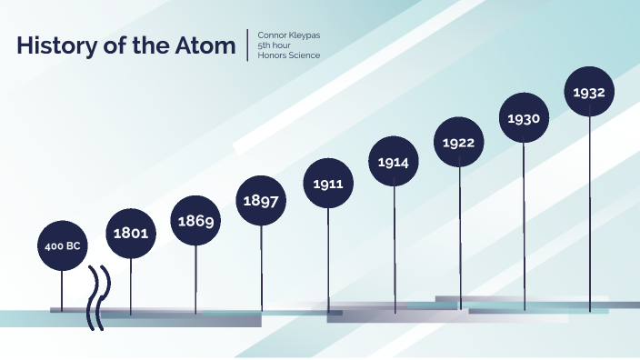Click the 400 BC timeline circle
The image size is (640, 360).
(x=62, y=245)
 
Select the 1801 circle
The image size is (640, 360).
(x=131, y=234)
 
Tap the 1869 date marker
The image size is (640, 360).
(x=196, y=221)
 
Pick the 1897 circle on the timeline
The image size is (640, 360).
(x=262, y=201)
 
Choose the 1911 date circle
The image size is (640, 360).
(x=327, y=184)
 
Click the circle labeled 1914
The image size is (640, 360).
(x=394, y=163)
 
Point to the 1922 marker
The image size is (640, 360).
(x=459, y=142)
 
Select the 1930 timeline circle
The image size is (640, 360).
(x=525, y=118)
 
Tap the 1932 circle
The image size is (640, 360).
(x=589, y=92)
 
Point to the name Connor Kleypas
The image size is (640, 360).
(x=289, y=35)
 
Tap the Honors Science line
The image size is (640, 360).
(x=289, y=55)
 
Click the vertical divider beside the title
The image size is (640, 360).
(x=247, y=45)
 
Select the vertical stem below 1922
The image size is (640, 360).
(x=459, y=236)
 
